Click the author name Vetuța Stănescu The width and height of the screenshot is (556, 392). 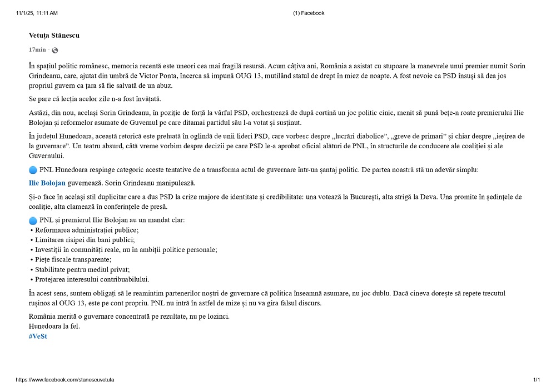[x=54, y=36]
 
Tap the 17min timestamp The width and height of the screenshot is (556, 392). [x=37, y=50]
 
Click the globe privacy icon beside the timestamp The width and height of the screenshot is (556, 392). [x=54, y=51]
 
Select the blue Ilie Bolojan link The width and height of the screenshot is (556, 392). [x=47, y=183]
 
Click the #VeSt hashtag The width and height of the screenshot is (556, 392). [x=38, y=336]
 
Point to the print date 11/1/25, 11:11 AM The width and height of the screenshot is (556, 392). [x=37, y=13]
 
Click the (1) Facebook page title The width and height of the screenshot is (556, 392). [x=309, y=13]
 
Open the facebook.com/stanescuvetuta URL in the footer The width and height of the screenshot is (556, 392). [x=65, y=380]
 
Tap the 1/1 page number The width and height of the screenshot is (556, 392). [x=537, y=380]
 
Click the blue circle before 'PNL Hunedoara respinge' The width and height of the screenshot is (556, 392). [x=33, y=170]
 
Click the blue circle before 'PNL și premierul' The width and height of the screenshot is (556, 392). [x=33, y=220]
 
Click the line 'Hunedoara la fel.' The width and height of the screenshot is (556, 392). [x=54, y=326]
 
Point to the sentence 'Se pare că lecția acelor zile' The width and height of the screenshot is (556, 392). [x=95, y=99]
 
